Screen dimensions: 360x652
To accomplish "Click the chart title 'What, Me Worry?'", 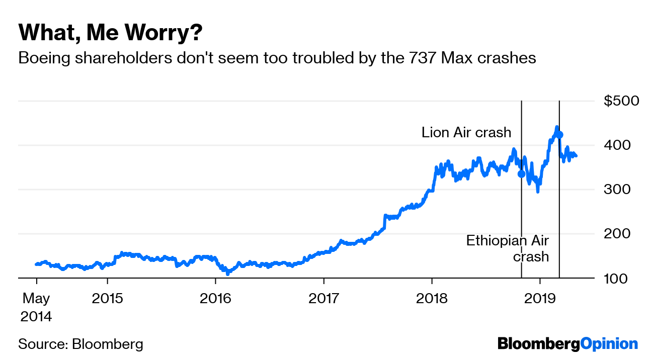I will (x=111, y=33).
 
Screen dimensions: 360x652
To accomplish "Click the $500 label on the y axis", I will (x=621, y=101).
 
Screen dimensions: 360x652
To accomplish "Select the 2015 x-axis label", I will (x=108, y=299).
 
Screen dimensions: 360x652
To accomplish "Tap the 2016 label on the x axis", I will (x=216, y=299).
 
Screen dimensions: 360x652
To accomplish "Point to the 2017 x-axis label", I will (x=324, y=299).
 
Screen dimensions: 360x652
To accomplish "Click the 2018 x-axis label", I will (x=432, y=299).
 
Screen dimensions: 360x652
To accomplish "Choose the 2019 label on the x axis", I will (x=540, y=299).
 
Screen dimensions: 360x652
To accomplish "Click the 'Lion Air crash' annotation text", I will (x=466, y=133).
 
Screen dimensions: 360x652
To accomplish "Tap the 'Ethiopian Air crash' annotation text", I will (x=508, y=248).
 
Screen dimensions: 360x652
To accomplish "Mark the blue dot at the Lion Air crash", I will (x=521, y=174).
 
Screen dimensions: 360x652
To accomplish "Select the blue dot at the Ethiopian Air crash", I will (x=559, y=135).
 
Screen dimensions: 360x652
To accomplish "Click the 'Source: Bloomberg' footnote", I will (x=81, y=344).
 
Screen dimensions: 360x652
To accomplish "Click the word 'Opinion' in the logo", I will (x=609, y=344).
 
